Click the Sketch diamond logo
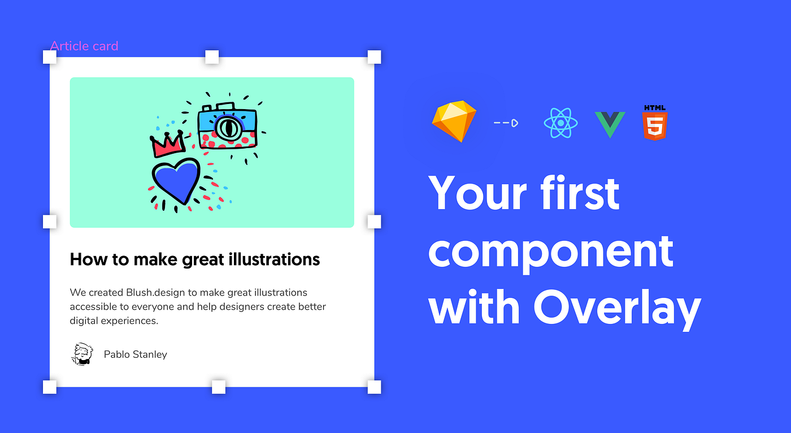tap(454, 121)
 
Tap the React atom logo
tap(560, 123)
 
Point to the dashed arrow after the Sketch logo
tap(506, 123)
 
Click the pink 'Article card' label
tap(84, 46)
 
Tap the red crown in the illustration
tap(168, 145)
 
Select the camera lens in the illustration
tap(228, 127)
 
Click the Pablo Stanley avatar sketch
tap(82, 354)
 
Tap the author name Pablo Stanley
tap(135, 354)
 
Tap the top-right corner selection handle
tap(374, 57)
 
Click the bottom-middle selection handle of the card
tap(219, 387)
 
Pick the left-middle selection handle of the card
tap(50, 221)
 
